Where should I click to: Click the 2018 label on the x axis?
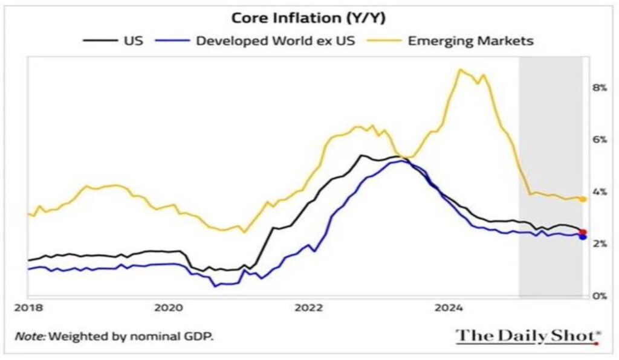(27, 308)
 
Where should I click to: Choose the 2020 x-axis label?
(169, 308)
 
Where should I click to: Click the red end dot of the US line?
(583, 232)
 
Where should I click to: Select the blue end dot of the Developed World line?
(583, 237)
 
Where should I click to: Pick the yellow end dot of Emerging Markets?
(583, 199)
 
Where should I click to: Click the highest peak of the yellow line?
(460, 69)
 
